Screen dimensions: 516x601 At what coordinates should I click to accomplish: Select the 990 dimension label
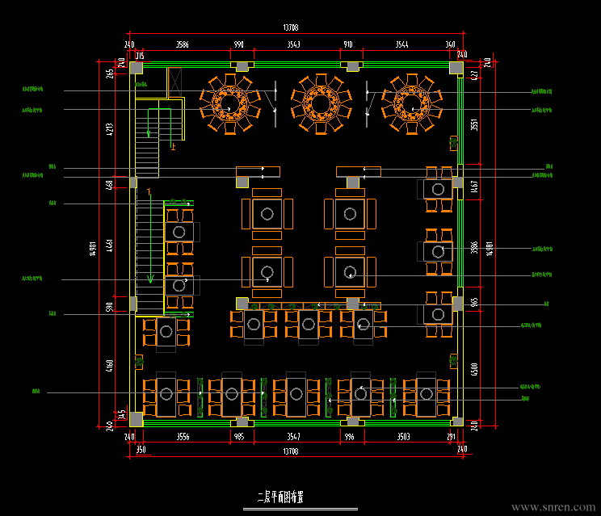tap(238, 44)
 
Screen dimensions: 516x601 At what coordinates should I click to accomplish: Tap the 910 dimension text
tap(348, 44)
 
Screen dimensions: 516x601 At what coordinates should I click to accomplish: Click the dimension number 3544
tap(401, 44)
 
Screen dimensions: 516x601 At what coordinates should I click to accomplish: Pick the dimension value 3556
tap(183, 437)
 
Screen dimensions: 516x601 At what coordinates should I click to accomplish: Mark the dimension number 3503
tap(402, 437)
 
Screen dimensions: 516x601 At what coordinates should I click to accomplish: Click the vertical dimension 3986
tap(475, 247)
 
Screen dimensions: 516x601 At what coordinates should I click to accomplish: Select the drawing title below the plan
tap(279, 497)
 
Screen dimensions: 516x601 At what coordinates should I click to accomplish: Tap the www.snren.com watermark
tap(552, 507)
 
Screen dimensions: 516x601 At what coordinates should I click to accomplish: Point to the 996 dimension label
tap(349, 437)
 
